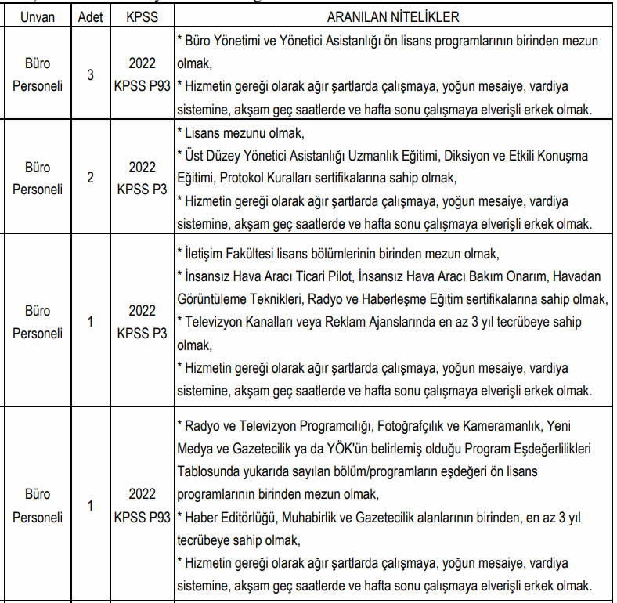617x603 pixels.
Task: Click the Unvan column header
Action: [37, 16]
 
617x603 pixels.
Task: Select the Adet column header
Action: [90, 16]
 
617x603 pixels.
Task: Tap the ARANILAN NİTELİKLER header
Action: [393, 16]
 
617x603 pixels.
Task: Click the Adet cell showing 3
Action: [90, 75]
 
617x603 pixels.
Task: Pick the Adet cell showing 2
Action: [90, 178]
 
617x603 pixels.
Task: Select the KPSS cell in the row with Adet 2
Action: [143, 178]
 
